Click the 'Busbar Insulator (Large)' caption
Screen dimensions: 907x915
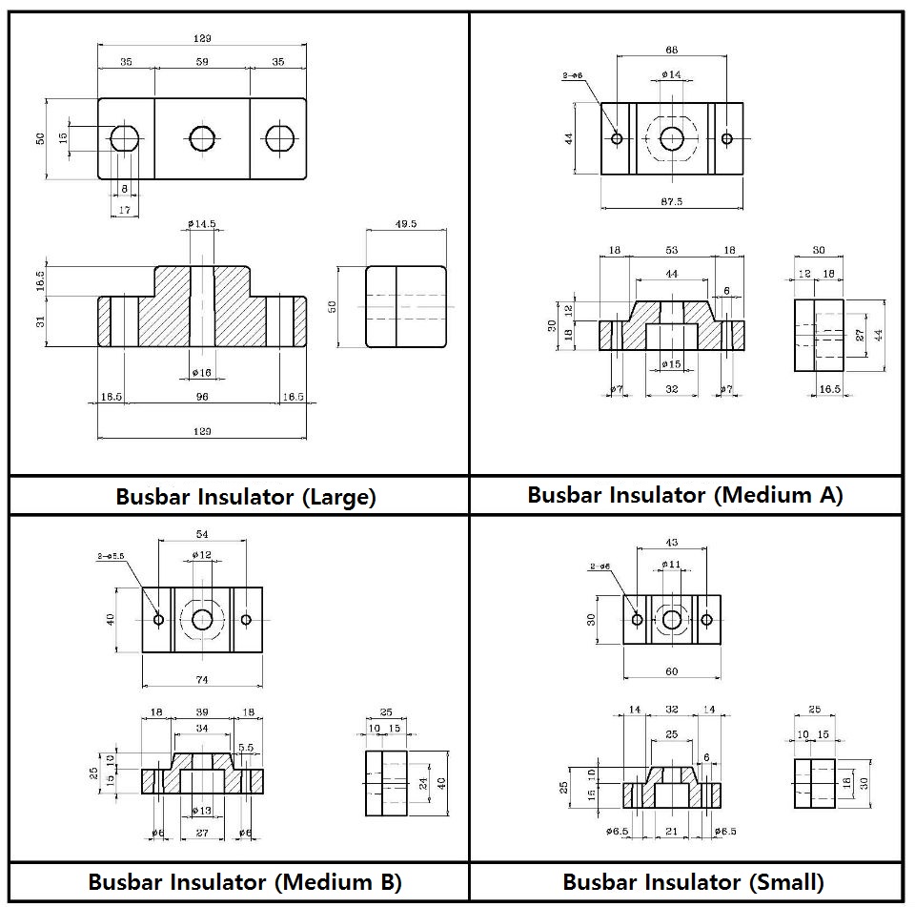246,497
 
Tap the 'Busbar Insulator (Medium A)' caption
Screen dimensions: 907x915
684,495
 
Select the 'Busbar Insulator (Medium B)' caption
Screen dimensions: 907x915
245,881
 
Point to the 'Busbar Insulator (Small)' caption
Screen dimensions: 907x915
693,881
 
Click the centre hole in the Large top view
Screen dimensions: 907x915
202,138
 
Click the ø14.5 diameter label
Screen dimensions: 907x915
202,224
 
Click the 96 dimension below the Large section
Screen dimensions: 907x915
202,397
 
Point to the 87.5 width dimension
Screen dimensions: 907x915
672,202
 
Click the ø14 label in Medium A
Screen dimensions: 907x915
671,73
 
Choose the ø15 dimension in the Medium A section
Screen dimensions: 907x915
671,364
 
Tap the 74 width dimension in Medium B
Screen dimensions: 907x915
202,679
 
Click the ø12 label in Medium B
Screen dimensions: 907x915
201,555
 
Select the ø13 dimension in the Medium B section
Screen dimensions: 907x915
202,811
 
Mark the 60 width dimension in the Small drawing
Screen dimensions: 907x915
672,671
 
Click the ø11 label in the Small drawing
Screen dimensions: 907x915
672,565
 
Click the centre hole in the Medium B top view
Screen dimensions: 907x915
202,620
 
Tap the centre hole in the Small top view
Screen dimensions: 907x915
672,620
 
